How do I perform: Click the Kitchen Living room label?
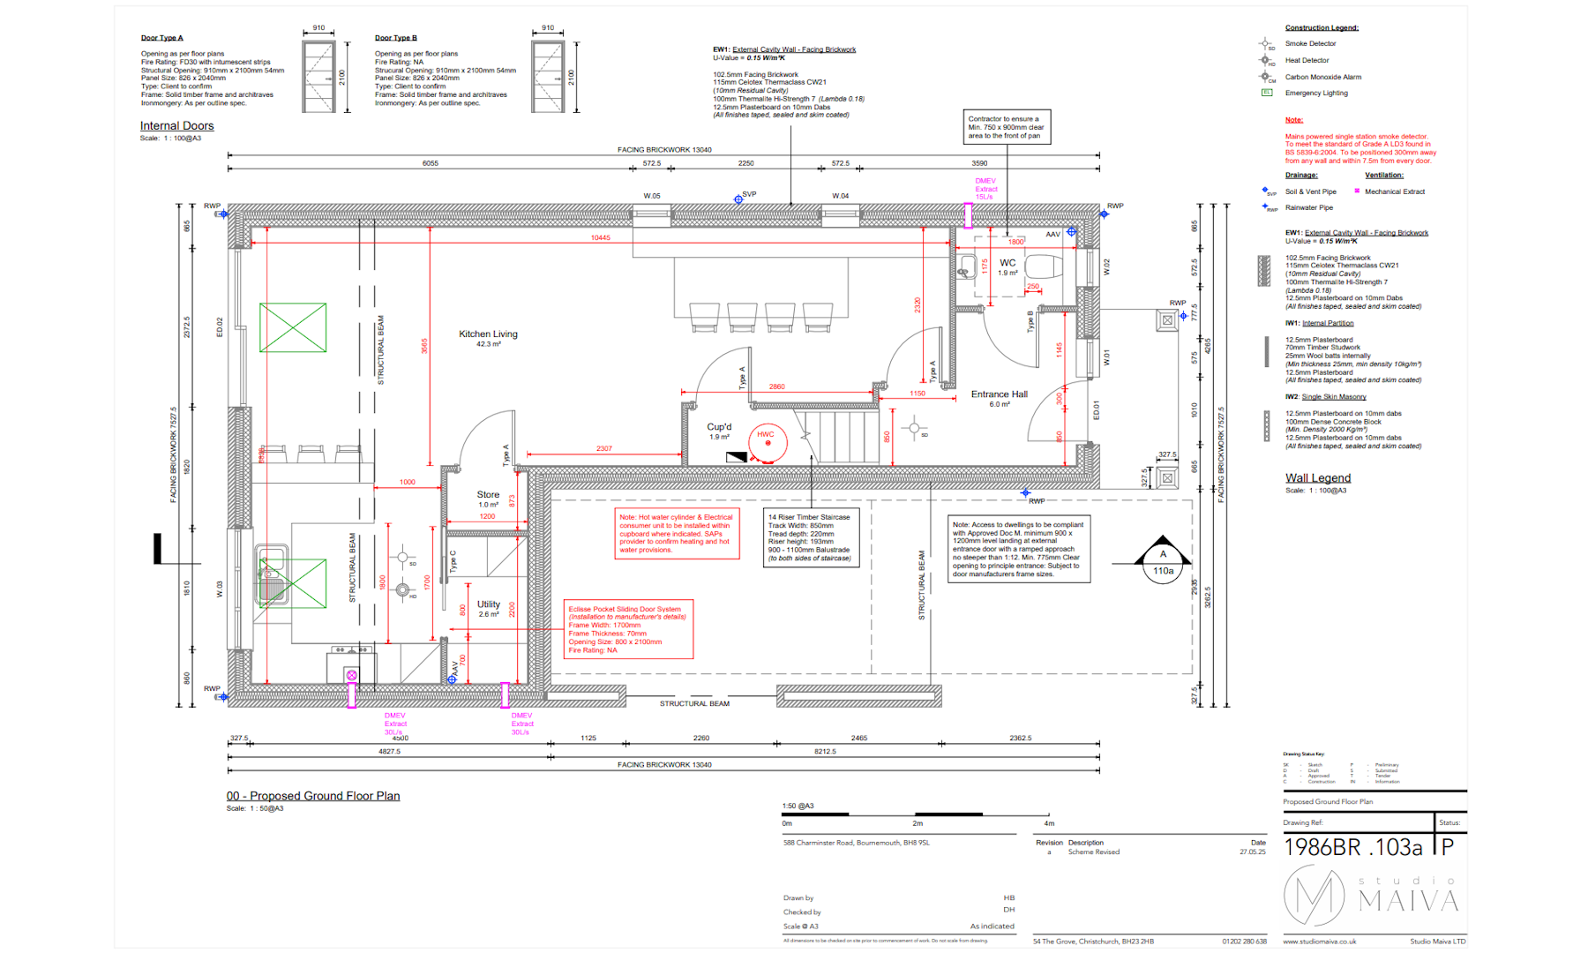pyautogui.click(x=488, y=334)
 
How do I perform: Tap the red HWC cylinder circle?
pyautogui.click(x=767, y=441)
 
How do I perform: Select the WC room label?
pyautogui.click(x=1007, y=263)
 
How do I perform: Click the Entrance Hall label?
pyautogui.click(x=999, y=394)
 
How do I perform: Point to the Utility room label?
pyautogui.click(x=489, y=604)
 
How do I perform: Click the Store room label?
pyautogui.click(x=488, y=495)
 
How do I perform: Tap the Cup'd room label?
pyautogui.click(x=719, y=427)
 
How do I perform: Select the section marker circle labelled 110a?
pyautogui.click(x=1163, y=571)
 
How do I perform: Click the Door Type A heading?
pyautogui.click(x=162, y=38)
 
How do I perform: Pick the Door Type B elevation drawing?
pyautogui.click(x=548, y=77)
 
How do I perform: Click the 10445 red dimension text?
pyautogui.click(x=600, y=237)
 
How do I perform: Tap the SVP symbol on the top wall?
pyautogui.click(x=738, y=199)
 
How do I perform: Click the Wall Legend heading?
pyautogui.click(x=1317, y=478)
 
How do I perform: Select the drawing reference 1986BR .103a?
pyautogui.click(x=1352, y=848)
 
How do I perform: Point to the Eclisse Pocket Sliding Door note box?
pyautogui.click(x=628, y=629)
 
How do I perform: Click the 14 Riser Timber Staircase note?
pyautogui.click(x=810, y=537)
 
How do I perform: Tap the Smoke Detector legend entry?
pyautogui.click(x=1310, y=43)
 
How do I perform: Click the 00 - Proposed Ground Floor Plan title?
pyautogui.click(x=313, y=796)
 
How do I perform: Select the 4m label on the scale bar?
pyautogui.click(x=1049, y=823)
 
